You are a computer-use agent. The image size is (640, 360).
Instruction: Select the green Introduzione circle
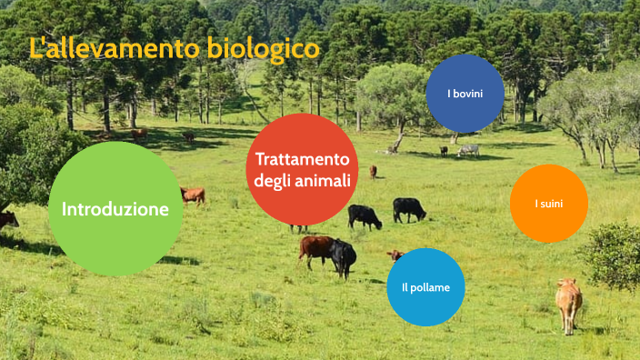pyautogui.click(x=115, y=209)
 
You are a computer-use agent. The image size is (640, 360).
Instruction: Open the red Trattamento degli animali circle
pyautogui.click(x=302, y=169)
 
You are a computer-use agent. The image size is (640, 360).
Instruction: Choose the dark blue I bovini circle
pyautogui.click(x=465, y=94)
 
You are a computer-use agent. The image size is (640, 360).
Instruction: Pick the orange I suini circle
pyautogui.click(x=548, y=204)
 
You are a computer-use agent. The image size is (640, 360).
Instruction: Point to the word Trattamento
pyautogui.click(x=302, y=158)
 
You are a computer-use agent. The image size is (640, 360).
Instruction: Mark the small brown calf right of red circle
pyautogui.click(x=373, y=171)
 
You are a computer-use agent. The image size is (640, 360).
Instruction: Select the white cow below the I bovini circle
pyautogui.click(x=469, y=149)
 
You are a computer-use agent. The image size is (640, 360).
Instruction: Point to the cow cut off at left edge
pyautogui.click(x=7, y=220)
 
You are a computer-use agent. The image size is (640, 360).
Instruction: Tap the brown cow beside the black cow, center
pyautogui.click(x=315, y=247)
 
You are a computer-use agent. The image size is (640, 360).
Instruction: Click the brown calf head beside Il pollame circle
pyautogui.click(x=394, y=255)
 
